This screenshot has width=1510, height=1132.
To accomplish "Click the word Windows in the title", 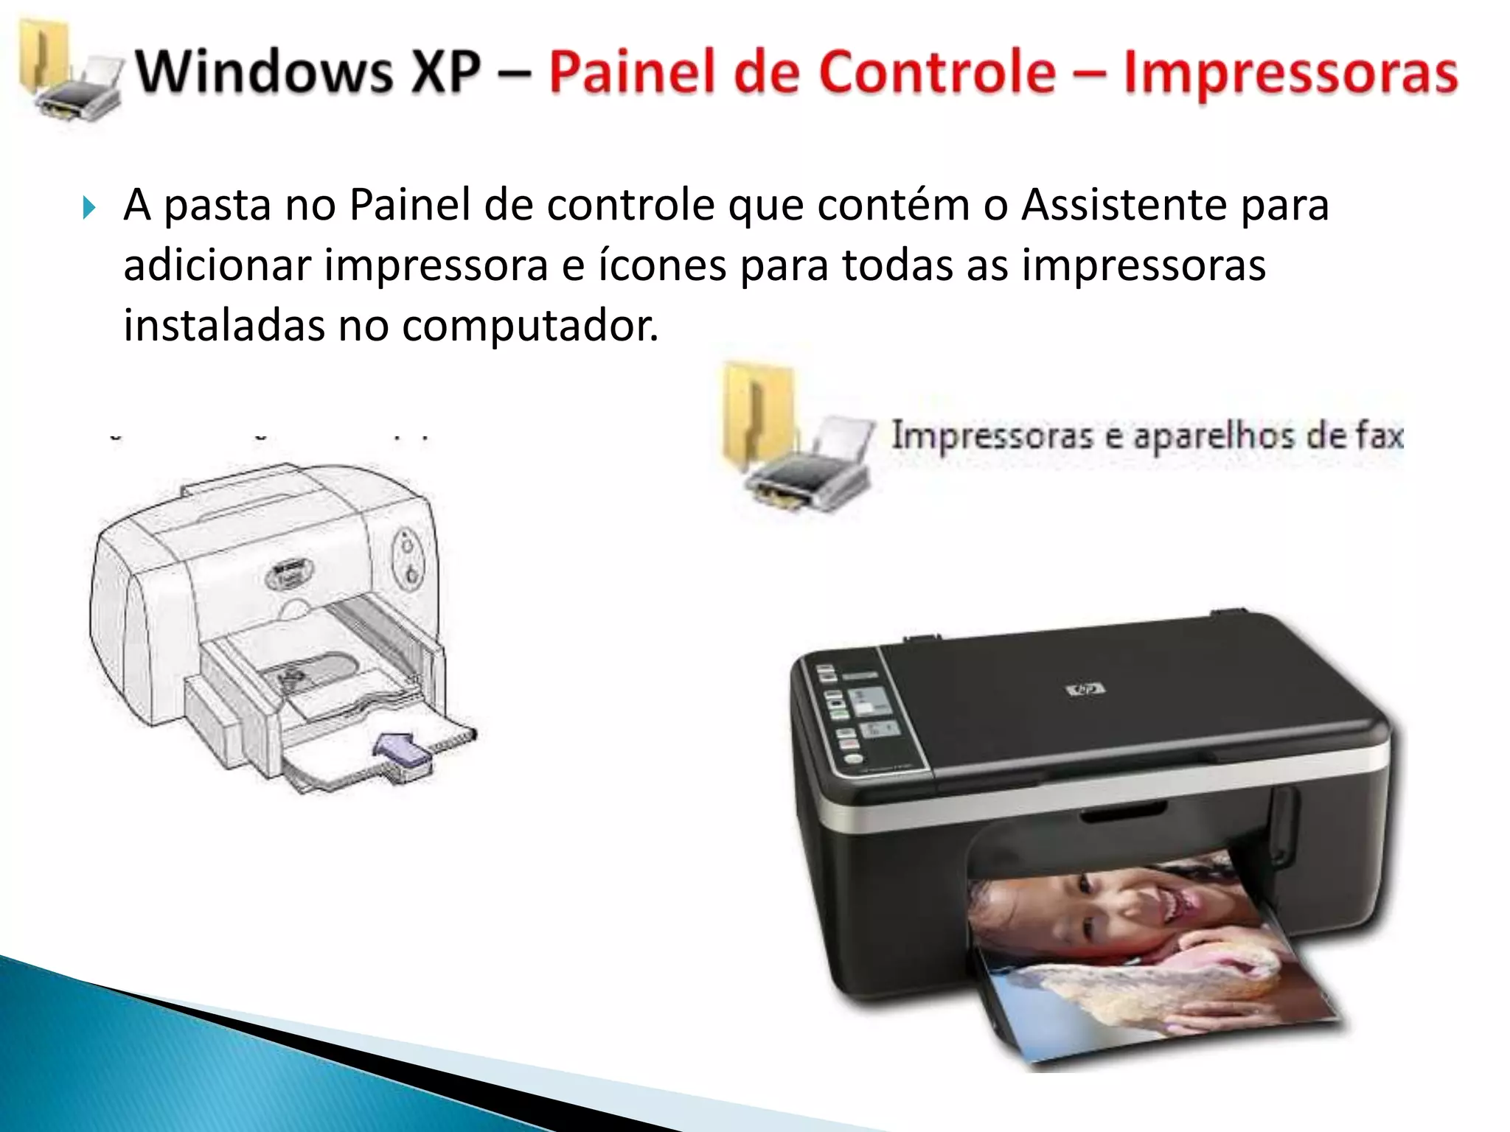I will click(x=265, y=71).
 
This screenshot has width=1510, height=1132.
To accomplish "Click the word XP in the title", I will click(x=446, y=71).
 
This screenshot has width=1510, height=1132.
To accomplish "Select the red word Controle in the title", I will click(x=937, y=71).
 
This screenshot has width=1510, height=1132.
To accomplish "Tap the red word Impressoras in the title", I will click(x=1290, y=71).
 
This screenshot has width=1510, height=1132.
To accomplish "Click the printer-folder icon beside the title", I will click(x=70, y=74).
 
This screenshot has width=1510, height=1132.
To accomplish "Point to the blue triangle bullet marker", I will click(x=89, y=208).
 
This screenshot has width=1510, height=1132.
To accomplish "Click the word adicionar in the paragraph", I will click(x=217, y=265).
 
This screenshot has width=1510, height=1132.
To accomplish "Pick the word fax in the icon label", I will click(x=1379, y=436).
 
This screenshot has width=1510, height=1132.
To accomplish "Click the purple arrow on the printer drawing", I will click(x=402, y=752).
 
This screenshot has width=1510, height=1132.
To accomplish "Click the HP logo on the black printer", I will click(x=1085, y=691).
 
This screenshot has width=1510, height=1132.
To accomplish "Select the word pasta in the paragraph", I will click(x=218, y=205).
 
